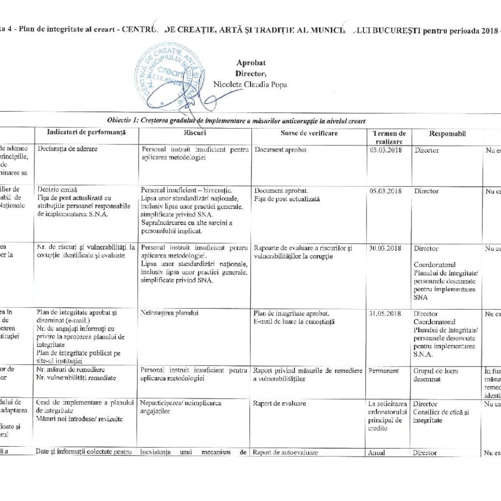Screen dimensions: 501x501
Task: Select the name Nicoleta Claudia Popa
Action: tap(250, 84)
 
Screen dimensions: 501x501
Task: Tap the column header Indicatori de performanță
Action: tap(86, 133)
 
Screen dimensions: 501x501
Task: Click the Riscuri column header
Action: tap(195, 133)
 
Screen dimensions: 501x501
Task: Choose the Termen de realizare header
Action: tap(389, 137)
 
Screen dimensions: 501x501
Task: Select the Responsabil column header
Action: tap(447, 133)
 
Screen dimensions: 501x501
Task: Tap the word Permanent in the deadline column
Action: tap(385, 371)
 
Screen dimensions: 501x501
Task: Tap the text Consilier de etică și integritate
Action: tap(441, 416)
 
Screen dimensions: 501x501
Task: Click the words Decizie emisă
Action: tap(57, 189)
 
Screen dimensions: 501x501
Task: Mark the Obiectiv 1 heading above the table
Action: tap(236, 120)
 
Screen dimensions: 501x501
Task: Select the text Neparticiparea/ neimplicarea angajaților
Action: tap(181, 407)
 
